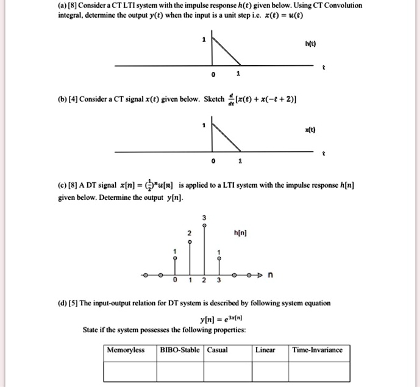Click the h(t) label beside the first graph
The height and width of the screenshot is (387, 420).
(x=310, y=44)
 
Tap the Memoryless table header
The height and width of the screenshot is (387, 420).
(x=126, y=350)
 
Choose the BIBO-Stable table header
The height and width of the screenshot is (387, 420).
(x=179, y=350)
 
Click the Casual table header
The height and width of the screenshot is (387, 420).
(x=218, y=350)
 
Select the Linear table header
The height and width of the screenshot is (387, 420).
(x=265, y=350)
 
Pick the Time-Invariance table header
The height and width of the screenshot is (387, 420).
(x=317, y=350)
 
